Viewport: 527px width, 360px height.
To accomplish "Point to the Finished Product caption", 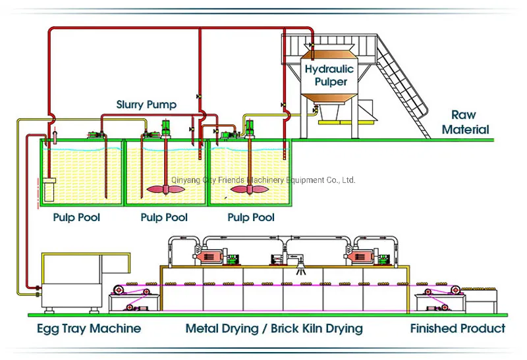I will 458,328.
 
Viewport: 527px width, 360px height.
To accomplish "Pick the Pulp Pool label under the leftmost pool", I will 77,217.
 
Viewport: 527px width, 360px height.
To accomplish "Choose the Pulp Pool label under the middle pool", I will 164,217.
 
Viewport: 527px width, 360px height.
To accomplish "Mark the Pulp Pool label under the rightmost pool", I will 251,217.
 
